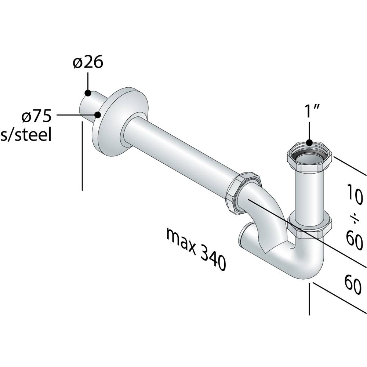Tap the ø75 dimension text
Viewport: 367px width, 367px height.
coord(36,116)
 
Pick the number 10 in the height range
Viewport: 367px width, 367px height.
coord(355,194)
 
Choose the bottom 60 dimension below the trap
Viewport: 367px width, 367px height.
coord(353,284)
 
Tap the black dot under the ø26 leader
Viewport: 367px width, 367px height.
coord(88,93)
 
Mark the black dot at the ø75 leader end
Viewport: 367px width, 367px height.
coord(98,115)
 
